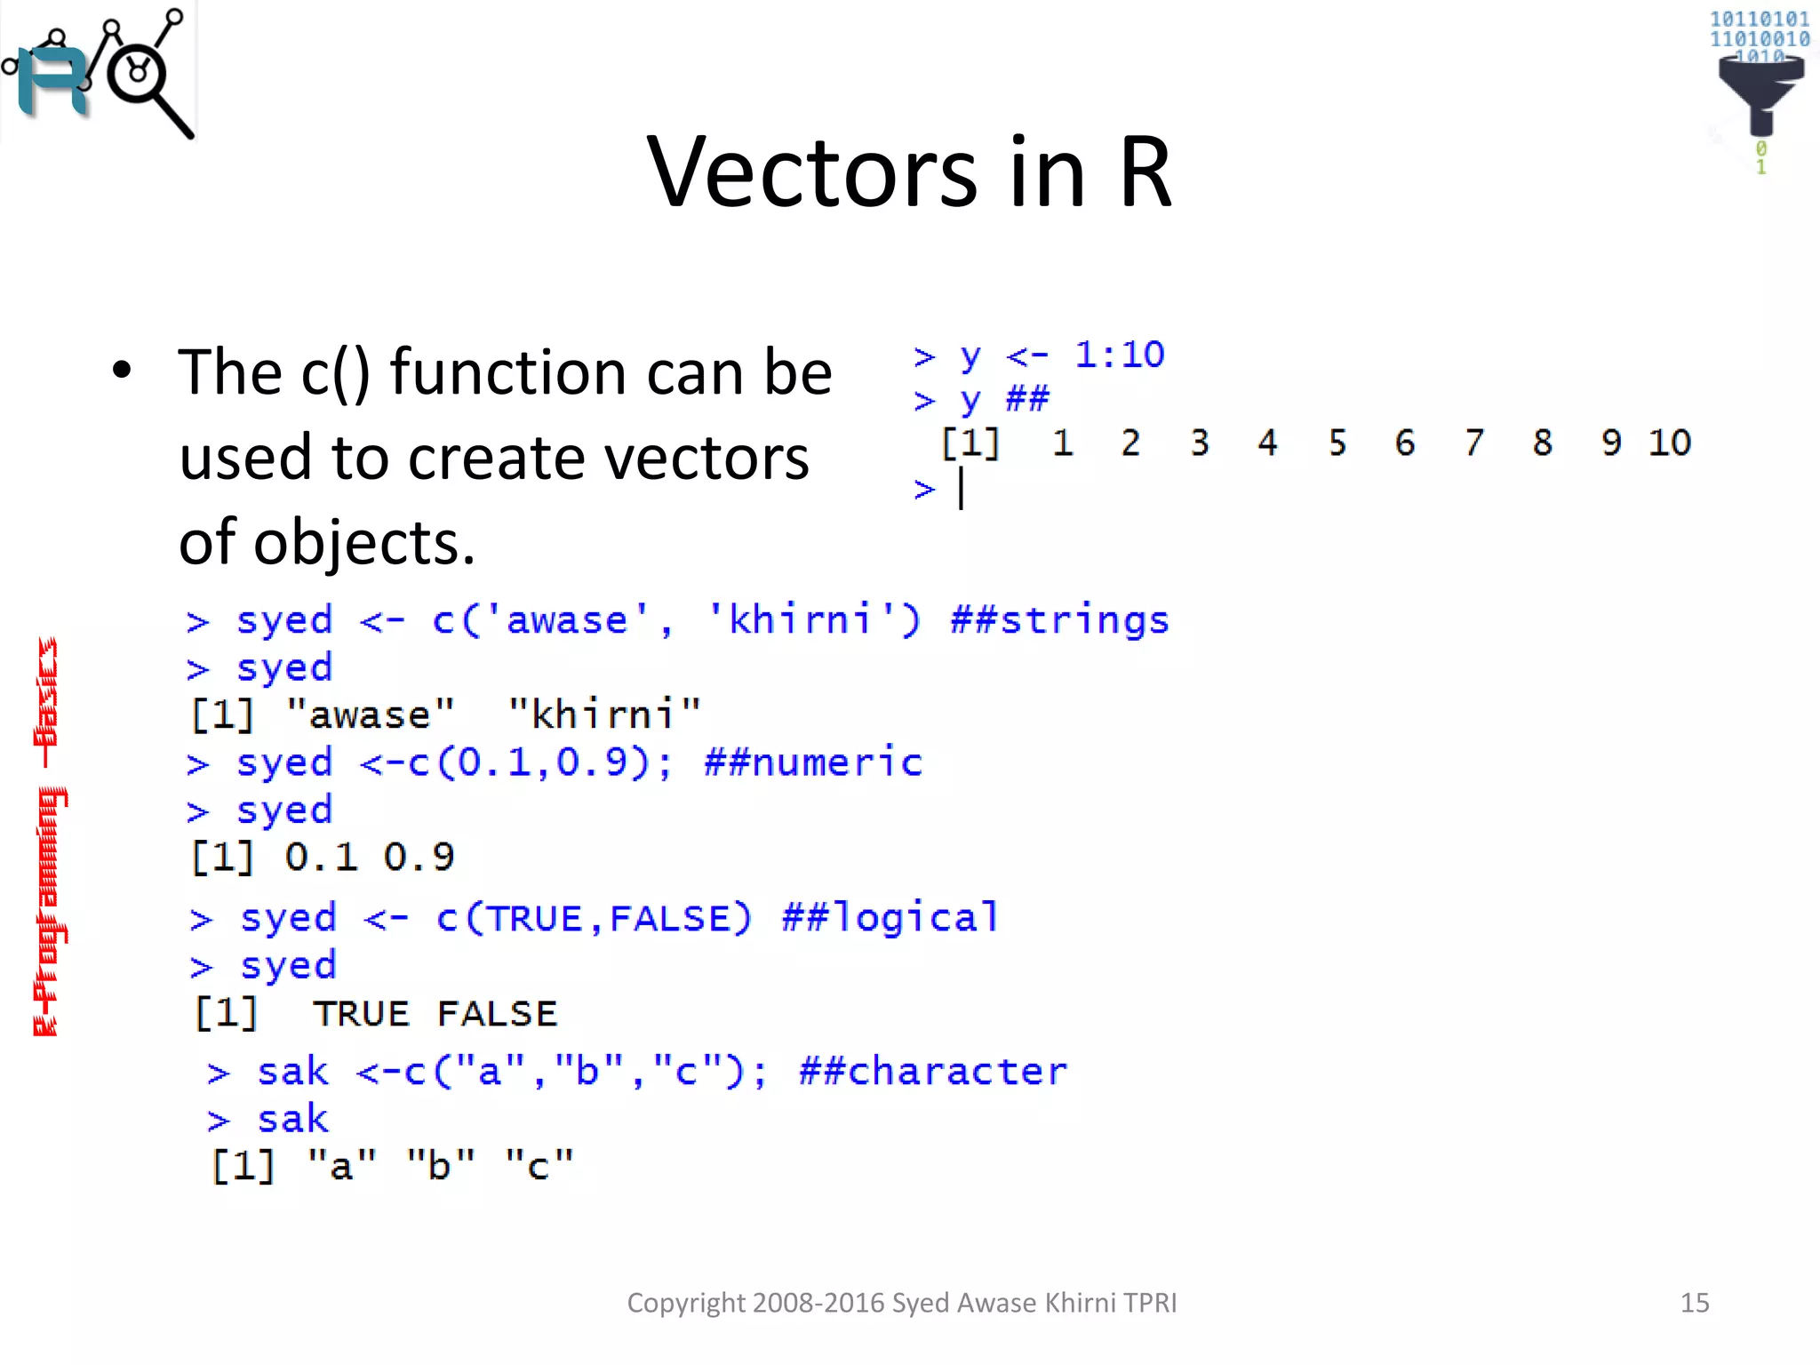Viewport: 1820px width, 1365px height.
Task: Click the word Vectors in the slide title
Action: (x=811, y=172)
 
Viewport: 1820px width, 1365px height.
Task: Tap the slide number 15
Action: (x=1694, y=1303)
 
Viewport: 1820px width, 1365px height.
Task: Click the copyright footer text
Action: (x=901, y=1303)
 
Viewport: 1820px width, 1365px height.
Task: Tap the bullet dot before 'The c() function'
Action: (x=122, y=371)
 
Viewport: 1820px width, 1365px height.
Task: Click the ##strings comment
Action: (x=1059, y=619)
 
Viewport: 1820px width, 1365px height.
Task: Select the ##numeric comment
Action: (x=813, y=762)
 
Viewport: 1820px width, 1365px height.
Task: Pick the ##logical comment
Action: (x=890, y=917)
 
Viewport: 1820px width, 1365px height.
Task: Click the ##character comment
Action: (x=932, y=1071)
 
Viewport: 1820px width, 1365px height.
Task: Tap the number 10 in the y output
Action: (x=1669, y=443)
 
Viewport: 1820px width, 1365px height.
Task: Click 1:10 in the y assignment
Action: (x=1119, y=355)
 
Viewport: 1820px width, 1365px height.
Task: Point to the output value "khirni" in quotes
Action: (x=604, y=714)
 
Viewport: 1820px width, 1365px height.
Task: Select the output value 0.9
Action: (x=419, y=858)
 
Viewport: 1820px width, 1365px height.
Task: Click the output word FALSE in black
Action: (x=497, y=1014)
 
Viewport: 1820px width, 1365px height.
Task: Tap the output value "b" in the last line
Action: (x=440, y=1165)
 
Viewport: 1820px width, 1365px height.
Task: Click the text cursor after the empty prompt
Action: (x=962, y=489)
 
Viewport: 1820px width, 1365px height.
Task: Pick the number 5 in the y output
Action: (x=1337, y=443)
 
